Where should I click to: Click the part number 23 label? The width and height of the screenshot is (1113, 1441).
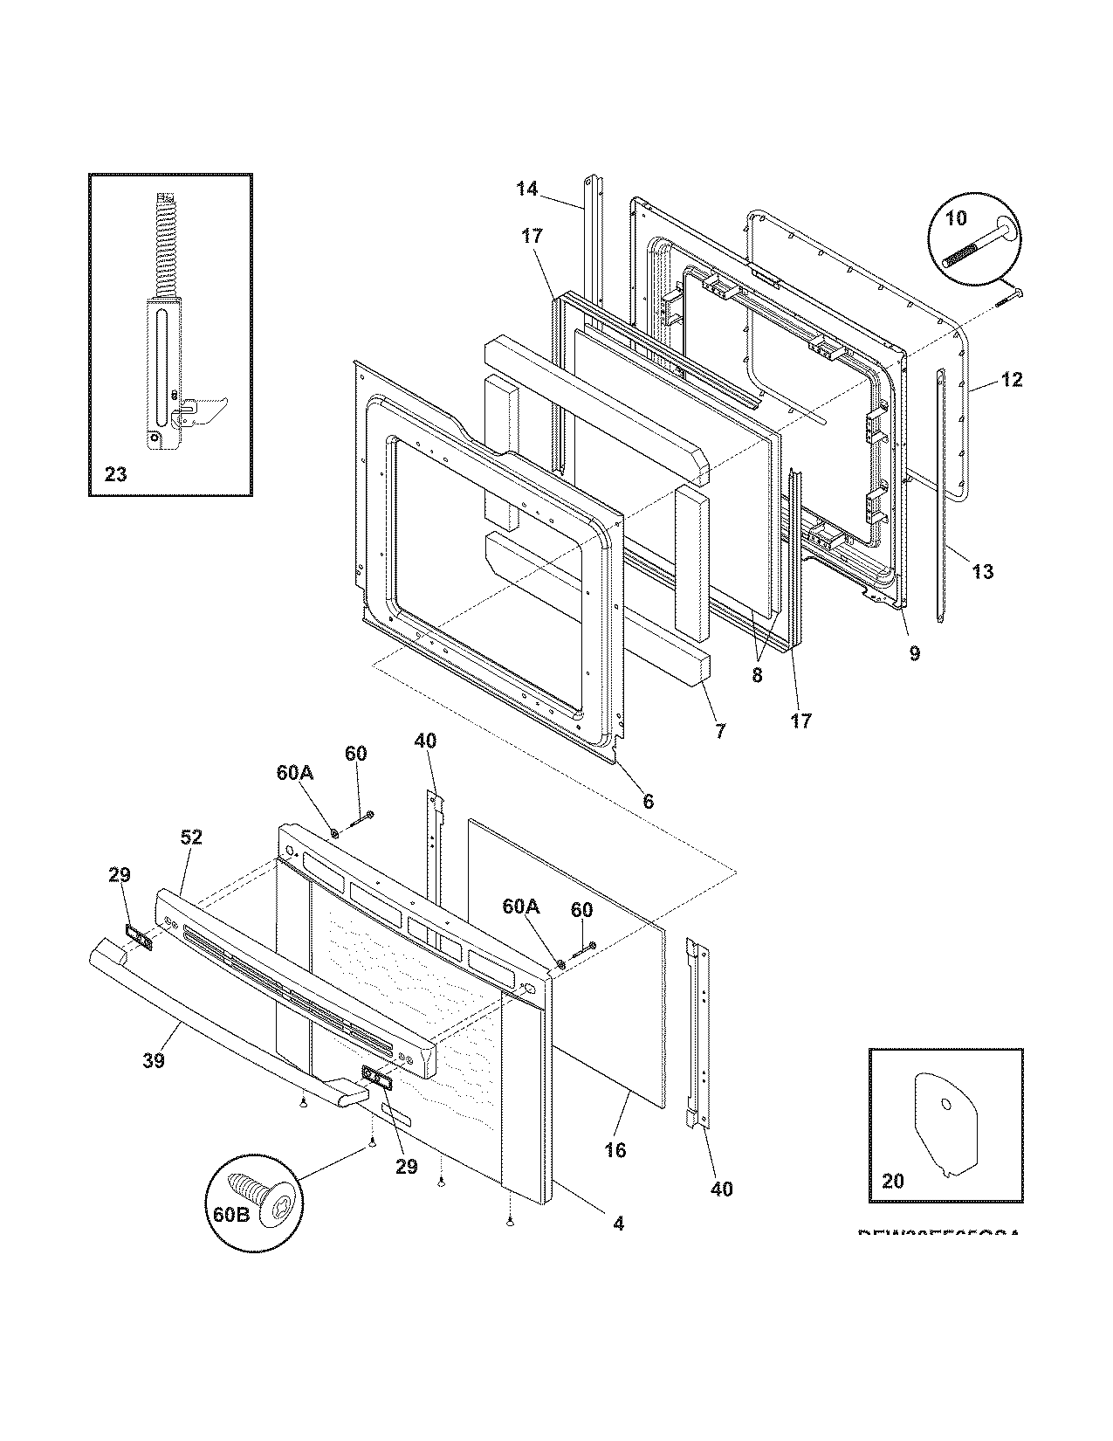(115, 474)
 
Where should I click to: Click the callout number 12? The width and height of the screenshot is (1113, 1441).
(1011, 380)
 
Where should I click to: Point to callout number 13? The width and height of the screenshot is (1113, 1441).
(982, 572)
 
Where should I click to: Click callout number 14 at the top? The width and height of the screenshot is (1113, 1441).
(527, 188)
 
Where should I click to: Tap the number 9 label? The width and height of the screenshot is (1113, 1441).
(914, 653)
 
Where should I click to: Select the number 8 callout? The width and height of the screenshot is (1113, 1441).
(756, 675)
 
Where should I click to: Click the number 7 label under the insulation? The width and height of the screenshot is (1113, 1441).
(719, 731)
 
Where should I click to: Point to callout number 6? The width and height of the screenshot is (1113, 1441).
(648, 801)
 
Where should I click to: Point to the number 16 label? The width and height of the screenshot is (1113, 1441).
(615, 1150)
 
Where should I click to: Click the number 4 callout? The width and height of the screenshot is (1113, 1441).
(618, 1224)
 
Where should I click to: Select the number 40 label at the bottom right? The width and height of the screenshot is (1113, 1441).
(721, 1189)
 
